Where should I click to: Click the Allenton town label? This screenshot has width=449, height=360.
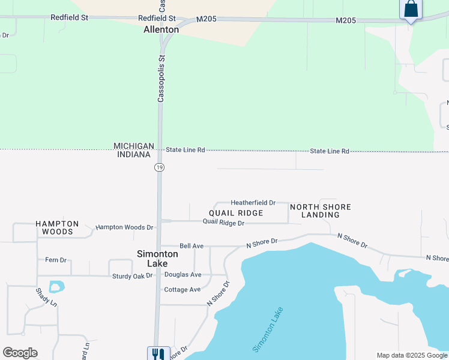(161, 29)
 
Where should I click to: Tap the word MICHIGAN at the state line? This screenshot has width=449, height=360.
(134, 146)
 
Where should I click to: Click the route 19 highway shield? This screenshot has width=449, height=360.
(158, 168)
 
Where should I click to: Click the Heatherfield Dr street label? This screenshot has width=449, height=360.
(253, 203)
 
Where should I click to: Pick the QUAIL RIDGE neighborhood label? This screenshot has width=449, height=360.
(236, 213)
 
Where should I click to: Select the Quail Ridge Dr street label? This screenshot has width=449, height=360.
(223, 223)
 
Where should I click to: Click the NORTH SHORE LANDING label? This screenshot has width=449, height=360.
(321, 211)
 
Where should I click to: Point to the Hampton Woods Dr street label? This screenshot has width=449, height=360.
(125, 227)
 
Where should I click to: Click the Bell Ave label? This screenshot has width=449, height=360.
(191, 246)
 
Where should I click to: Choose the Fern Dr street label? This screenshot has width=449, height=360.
(56, 260)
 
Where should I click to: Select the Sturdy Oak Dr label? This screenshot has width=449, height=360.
(133, 276)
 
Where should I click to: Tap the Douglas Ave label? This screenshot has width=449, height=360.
(183, 274)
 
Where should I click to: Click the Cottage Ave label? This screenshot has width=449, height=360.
(182, 289)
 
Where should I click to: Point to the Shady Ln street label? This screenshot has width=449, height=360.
(46, 297)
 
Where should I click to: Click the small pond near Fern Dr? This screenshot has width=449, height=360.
(56, 287)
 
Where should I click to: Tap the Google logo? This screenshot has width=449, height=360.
(20, 353)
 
